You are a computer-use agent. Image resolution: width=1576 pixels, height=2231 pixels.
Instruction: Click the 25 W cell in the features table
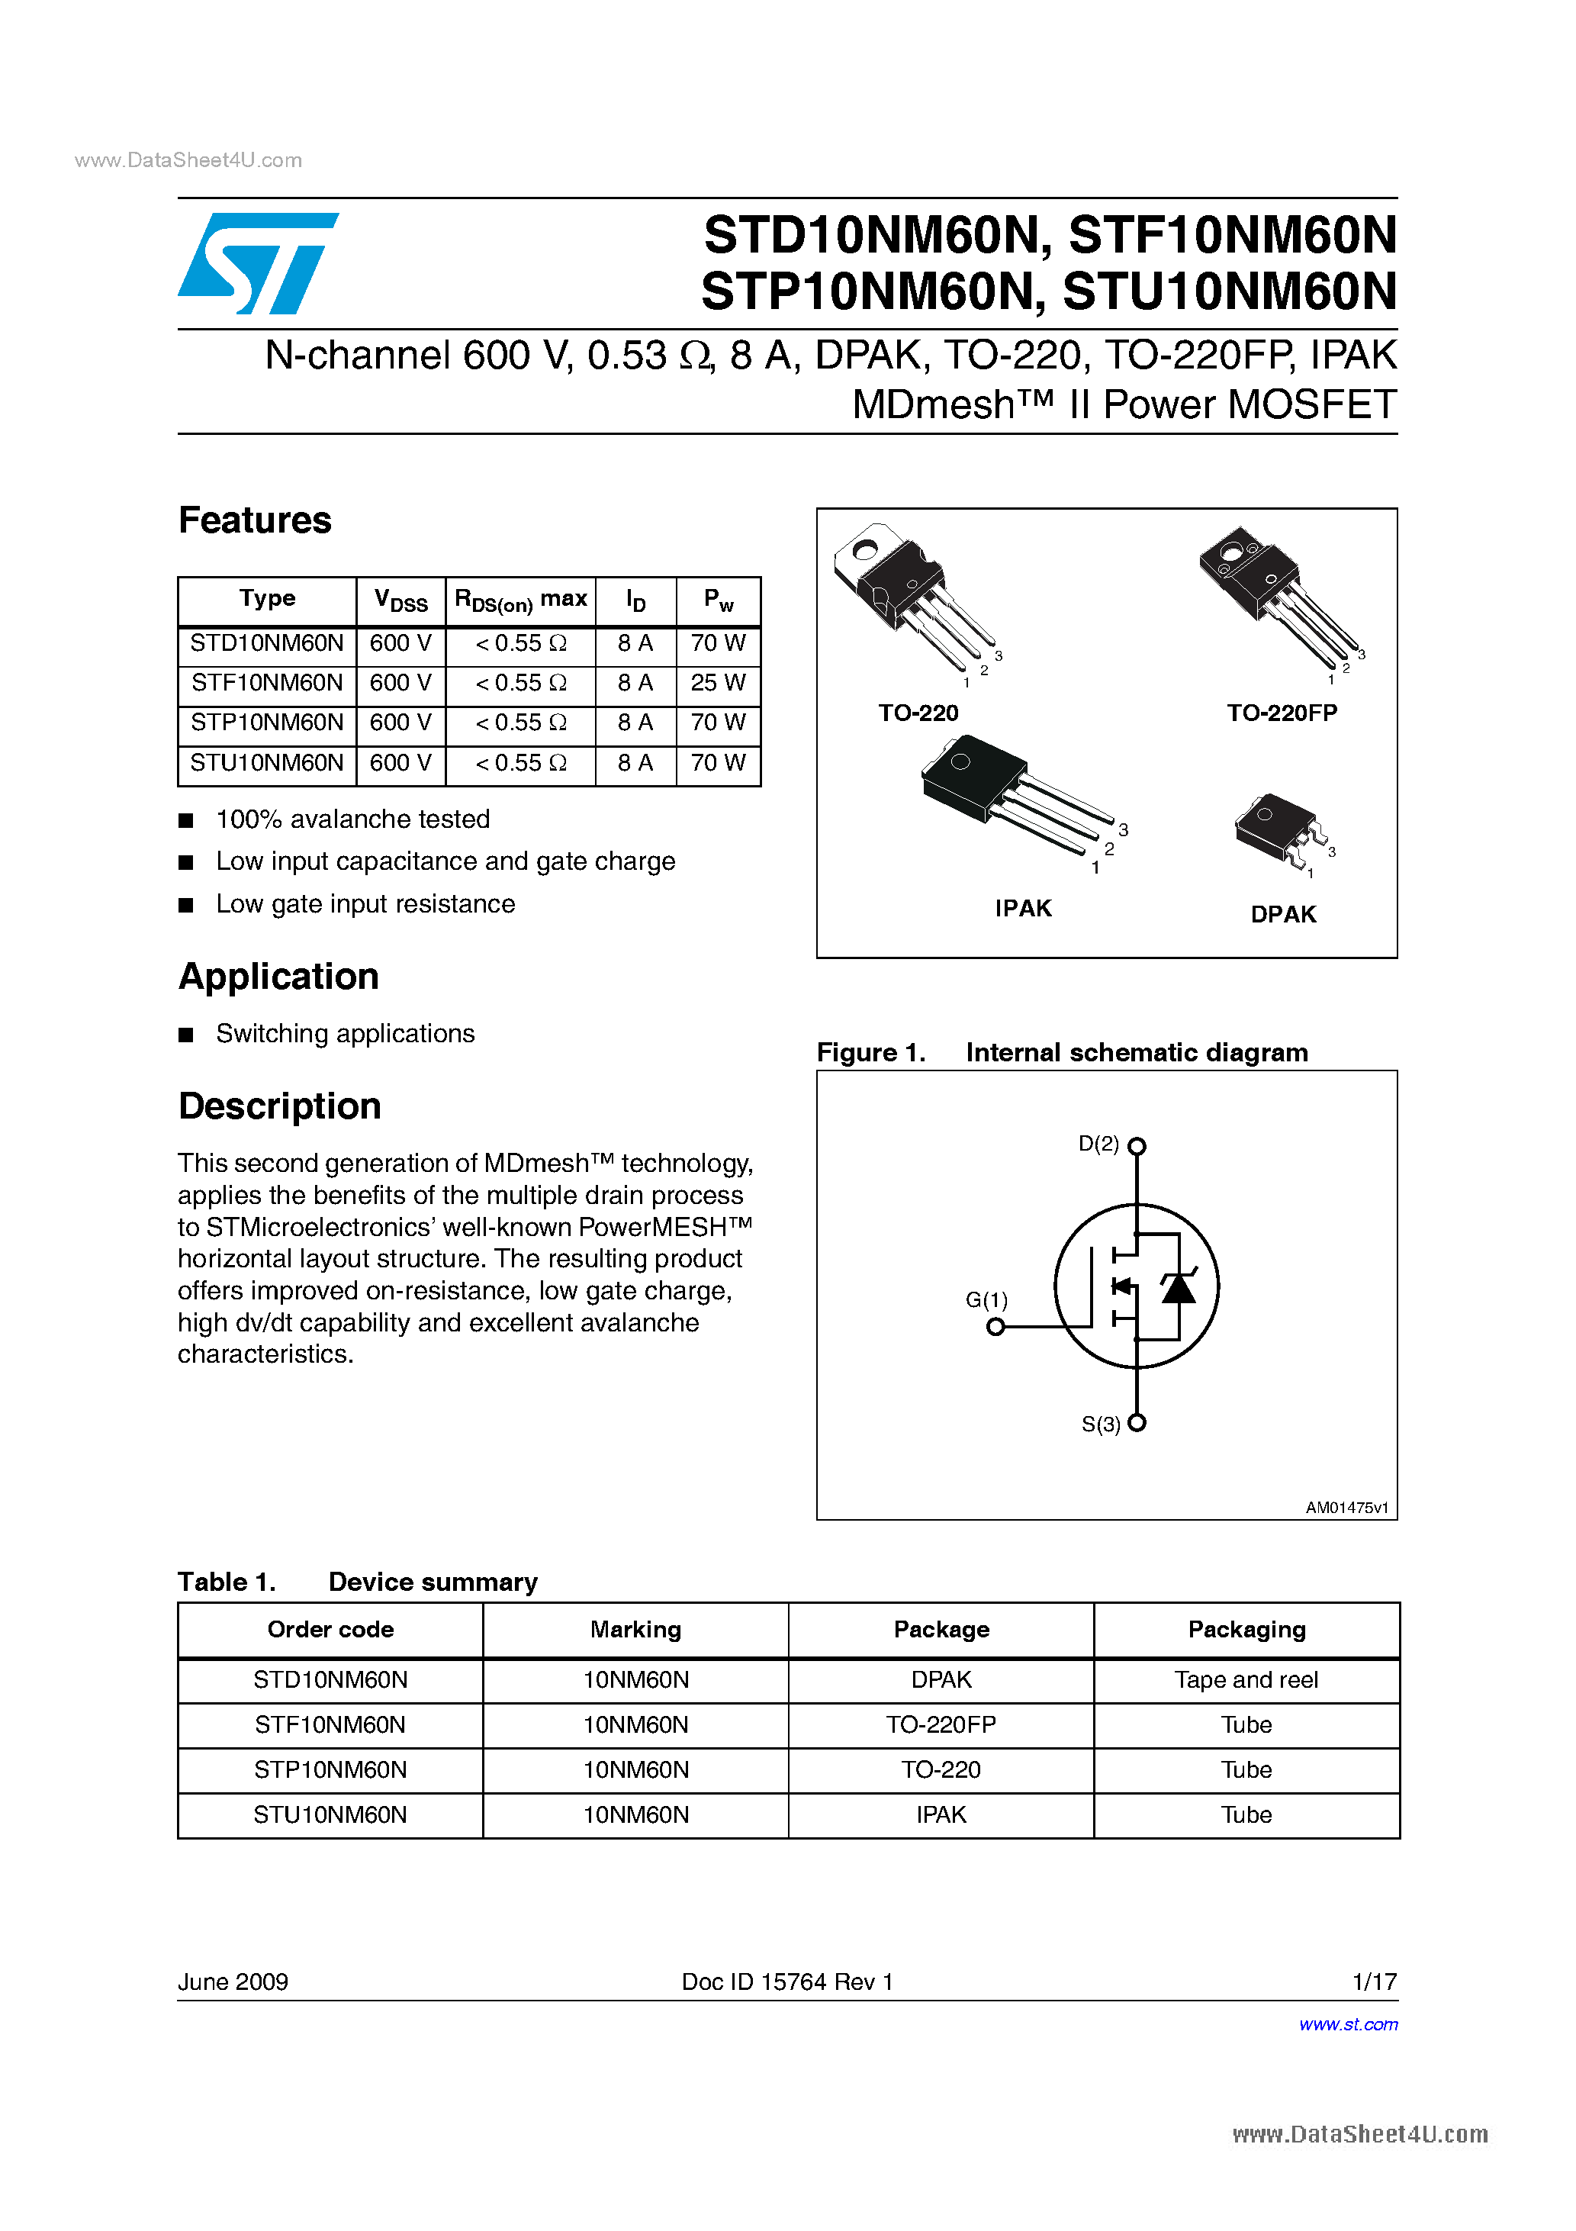717,683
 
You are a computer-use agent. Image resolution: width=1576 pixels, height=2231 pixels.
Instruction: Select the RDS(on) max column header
521,600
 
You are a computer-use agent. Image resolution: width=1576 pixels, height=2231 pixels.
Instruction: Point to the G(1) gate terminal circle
995,1326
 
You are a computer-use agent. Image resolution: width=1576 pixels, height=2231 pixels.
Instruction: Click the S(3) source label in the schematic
1100,1425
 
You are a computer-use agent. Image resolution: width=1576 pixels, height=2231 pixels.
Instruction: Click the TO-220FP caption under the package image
1282,713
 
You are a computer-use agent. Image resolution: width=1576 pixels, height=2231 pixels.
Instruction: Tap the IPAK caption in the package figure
1022,909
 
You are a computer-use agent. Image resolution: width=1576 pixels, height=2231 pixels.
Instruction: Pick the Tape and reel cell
1246,1680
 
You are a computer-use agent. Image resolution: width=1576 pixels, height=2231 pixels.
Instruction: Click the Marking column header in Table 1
635,1630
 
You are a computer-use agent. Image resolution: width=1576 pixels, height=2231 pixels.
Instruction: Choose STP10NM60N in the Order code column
330,1769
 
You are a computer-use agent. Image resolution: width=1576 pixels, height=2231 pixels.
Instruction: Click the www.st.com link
1348,2024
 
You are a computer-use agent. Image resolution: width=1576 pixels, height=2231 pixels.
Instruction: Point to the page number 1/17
1374,1982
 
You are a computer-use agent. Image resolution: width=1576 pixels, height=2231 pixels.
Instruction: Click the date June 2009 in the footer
233,1982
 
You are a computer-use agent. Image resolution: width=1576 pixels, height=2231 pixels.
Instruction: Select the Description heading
280,1106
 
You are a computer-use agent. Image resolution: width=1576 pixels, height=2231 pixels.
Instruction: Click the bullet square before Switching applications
187,1035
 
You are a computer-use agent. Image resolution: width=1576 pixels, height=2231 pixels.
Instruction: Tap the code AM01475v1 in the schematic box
1346,1507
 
